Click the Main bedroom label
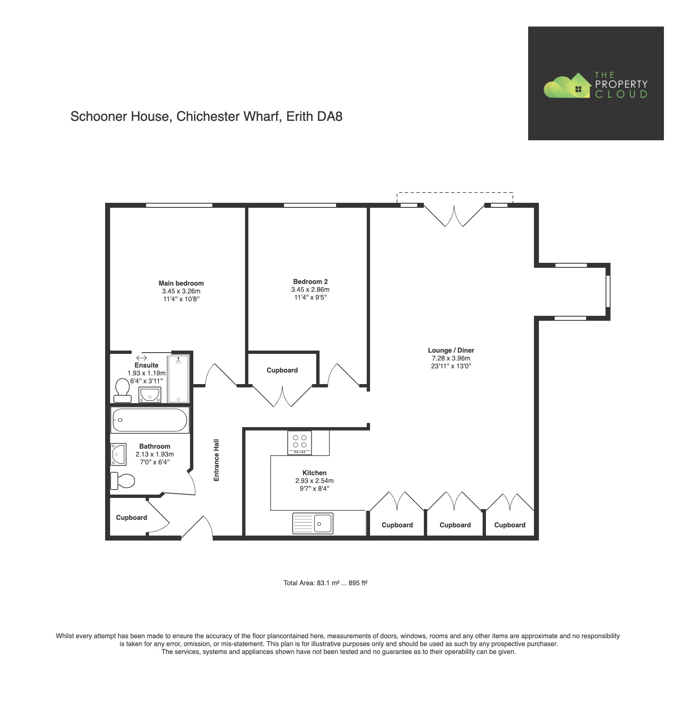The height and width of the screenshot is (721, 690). point(181,284)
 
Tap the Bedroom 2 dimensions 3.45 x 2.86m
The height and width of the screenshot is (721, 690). point(310,290)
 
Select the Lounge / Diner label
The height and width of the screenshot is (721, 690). point(451,351)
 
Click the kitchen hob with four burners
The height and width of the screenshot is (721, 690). point(299,442)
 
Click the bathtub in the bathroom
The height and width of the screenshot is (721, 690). point(150,420)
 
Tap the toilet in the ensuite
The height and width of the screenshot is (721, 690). point(122,390)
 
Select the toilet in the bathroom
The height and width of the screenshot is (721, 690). point(123,481)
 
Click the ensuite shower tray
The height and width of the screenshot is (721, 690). point(178,378)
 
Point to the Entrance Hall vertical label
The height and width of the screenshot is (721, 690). point(216,460)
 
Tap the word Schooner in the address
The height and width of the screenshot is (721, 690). point(99,117)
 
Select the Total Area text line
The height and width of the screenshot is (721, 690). point(325,583)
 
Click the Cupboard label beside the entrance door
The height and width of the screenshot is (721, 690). point(131,518)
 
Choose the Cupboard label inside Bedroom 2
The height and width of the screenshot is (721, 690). point(282,370)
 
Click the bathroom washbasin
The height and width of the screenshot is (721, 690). point(118,454)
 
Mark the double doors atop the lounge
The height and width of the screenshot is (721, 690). point(454,216)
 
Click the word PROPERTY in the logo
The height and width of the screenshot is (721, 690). point(621,84)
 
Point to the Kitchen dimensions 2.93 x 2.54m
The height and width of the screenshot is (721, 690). point(314,481)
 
